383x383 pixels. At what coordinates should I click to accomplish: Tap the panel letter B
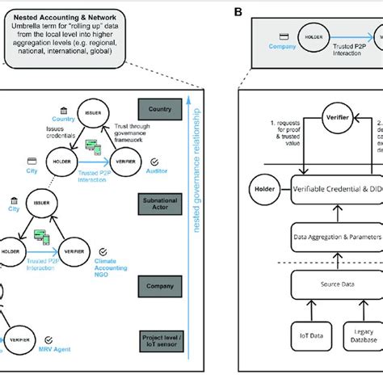(237, 11)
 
